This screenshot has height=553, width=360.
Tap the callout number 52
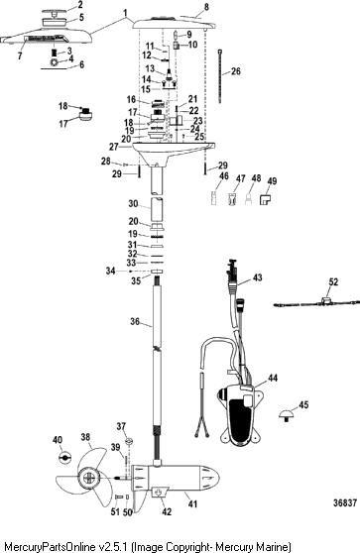333,281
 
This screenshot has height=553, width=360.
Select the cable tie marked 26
220,76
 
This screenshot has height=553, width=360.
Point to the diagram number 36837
345,502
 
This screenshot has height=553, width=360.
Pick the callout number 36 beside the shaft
135,321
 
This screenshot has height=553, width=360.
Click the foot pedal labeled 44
240,412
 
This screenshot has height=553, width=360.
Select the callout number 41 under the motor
192,504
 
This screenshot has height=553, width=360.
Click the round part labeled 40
64,457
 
